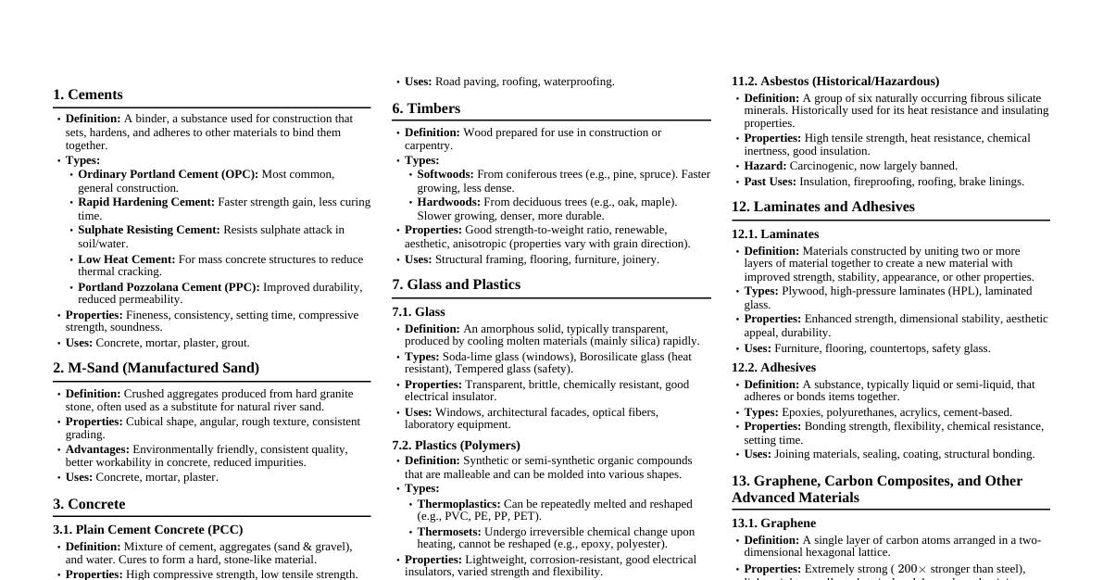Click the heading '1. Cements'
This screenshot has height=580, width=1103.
tap(88, 95)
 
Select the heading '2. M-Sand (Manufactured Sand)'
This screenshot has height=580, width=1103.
tap(156, 368)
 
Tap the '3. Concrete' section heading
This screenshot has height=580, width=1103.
tap(89, 504)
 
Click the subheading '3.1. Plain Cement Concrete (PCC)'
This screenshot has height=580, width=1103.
tap(148, 530)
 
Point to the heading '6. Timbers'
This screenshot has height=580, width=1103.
tap(426, 108)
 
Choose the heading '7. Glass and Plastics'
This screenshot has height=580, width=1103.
tap(456, 284)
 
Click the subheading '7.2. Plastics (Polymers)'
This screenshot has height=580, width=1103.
tap(456, 445)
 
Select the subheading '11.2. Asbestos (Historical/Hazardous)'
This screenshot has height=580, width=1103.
tap(835, 82)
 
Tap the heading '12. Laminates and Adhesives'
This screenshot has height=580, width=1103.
tap(822, 207)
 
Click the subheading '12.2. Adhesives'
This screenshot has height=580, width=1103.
tap(773, 368)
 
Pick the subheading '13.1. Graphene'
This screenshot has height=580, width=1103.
tap(773, 523)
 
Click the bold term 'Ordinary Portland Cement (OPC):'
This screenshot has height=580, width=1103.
tap(168, 174)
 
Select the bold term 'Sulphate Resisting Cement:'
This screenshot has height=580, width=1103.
tap(149, 230)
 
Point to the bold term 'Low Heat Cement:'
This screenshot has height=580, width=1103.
tap(126, 259)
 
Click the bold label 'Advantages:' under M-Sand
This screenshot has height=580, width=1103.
tap(97, 449)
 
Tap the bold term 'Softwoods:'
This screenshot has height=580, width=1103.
tap(445, 174)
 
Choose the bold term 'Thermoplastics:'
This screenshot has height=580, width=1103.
tap(458, 504)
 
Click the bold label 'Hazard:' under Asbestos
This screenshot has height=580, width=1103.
tap(765, 166)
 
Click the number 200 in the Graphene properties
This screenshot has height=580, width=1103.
tap(907, 569)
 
